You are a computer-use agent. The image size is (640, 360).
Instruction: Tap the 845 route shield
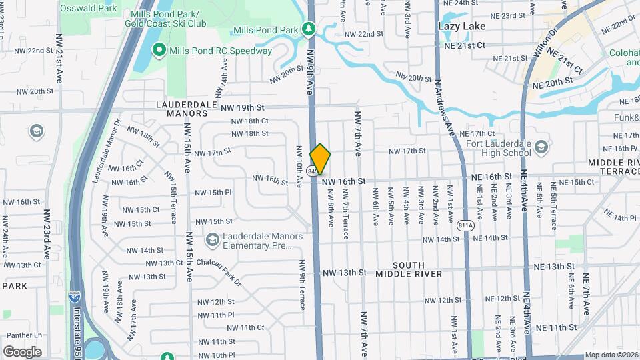tap(311, 171)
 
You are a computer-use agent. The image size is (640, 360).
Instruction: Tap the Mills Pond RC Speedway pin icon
tap(159, 50)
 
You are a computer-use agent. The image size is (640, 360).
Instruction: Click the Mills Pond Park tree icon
tap(308, 29)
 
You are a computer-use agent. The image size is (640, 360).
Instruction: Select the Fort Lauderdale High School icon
tap(541, 146)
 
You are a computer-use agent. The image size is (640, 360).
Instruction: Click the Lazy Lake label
tap(461, 26)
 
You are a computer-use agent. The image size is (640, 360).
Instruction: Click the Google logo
tap(22, 351)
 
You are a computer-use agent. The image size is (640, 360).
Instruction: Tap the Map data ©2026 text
tap(610, 355)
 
